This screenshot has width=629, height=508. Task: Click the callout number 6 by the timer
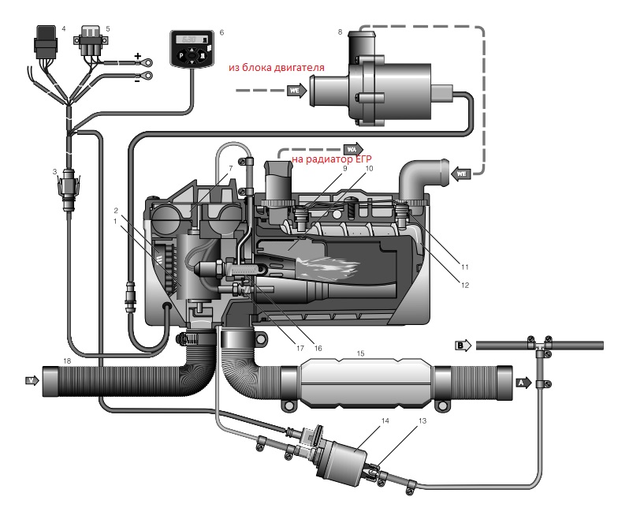coord(221,33)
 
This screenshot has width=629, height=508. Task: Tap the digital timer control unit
coord(192,49)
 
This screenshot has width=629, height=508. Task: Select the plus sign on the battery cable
coord(138,56)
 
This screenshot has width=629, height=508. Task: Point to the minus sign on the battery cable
coord(138,79)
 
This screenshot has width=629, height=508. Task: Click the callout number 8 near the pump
coord(340,32)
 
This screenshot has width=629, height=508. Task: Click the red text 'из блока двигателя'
coord(277,68)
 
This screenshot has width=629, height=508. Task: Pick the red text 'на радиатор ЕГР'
coord(332,161)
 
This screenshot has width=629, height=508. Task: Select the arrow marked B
coord(463,345)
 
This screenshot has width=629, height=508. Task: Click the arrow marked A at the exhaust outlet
coord(523,382)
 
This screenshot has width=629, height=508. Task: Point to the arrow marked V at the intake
coord(32,380)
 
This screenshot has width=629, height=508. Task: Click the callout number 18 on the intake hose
coord(67,361)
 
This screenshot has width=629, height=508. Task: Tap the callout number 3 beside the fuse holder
coord(54,172)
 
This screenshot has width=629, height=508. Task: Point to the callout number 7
coord(229,169)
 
